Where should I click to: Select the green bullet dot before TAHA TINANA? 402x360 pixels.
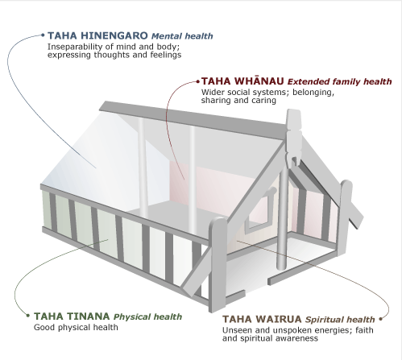click(x=27, y=317)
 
